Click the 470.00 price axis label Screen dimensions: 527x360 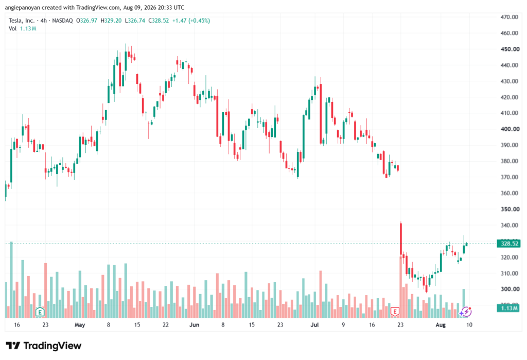click(x=509, y=17)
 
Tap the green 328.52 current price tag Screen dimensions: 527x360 click(x=508, y=243)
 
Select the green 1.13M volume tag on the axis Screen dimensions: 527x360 click(x=508, y=308)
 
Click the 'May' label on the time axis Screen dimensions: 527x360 click(x=80, y=324)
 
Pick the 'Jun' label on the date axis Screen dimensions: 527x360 click(x=194, y=324)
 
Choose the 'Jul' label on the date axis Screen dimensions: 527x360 click(x=314, y=324)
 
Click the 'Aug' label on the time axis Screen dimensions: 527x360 click(x=441, y=324)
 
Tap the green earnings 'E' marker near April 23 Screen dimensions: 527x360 click(x=40, y=312)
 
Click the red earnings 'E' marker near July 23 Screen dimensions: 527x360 click(x=395, y=312)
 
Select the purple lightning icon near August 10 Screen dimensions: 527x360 click(x=466, y=312)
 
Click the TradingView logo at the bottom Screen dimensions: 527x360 click(x=43, y=346)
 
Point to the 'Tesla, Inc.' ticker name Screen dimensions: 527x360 click(x=22, y=21)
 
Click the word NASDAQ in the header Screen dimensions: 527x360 click(x=62, y=21)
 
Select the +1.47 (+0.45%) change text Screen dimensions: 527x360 click(x=191, y=21)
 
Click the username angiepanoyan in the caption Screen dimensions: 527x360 click(x=23, y=7)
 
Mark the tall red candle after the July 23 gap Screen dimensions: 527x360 click(x=401, y=238)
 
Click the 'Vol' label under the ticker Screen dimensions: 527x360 click(x=12, y=29)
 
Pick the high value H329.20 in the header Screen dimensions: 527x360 click(x=111, y=21)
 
